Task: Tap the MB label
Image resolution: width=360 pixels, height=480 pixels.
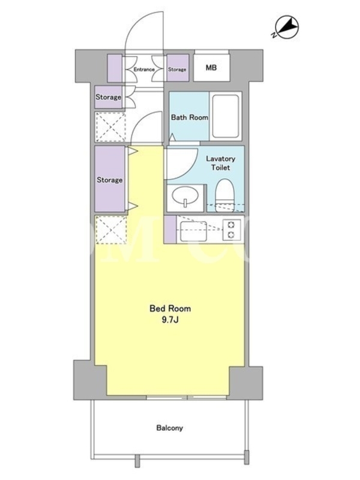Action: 211,68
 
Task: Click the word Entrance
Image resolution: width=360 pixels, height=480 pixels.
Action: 144,70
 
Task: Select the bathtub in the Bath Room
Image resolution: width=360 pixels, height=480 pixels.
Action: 226,116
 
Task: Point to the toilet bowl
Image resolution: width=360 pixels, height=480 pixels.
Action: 226,195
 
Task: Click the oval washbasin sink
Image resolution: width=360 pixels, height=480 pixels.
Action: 185,196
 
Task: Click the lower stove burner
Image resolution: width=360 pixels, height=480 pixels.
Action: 231,235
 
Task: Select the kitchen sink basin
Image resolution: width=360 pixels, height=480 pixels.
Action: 193,231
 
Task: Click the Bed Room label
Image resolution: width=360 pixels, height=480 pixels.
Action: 170,308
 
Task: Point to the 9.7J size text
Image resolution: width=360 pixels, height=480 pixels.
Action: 170,320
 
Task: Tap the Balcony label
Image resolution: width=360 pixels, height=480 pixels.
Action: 170,428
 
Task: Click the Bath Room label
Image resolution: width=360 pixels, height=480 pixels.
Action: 190,117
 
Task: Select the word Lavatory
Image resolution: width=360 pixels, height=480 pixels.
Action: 220,158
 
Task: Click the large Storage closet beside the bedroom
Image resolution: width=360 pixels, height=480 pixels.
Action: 110,179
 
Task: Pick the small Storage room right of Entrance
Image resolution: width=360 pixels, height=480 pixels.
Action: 177,68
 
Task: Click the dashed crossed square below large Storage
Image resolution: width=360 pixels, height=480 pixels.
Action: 111,230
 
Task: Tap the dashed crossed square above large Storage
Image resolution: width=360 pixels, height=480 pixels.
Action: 110,127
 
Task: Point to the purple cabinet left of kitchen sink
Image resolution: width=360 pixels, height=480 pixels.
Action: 170,230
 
